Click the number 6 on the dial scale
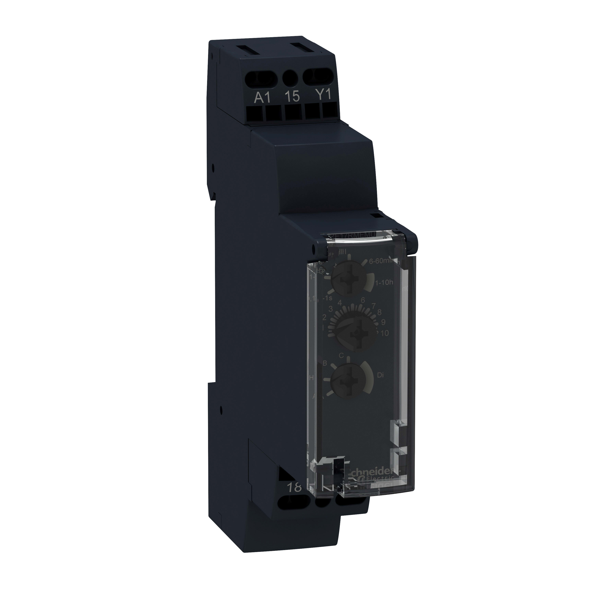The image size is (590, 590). (x=363, y=300)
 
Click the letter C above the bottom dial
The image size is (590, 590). (x=341, y=356)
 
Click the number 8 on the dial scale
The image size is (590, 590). (x=380, y=312)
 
